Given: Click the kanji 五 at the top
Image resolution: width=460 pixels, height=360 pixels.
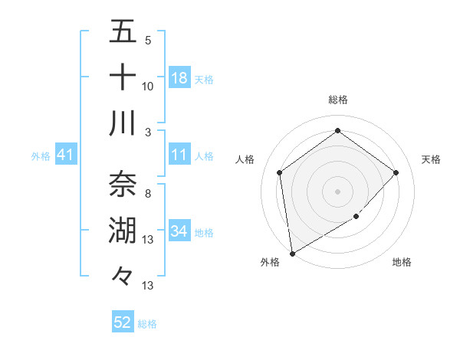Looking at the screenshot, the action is coord(123,32).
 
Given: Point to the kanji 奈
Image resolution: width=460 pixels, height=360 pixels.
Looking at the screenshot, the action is coord(123,184).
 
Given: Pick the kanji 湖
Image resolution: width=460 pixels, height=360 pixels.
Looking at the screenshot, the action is coord(123,231).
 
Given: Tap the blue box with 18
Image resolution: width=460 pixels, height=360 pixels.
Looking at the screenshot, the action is coord(179,78).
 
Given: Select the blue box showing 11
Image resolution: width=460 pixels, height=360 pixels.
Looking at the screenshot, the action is coord(179,155).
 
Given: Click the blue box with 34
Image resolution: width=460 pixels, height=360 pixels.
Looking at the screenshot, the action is coord(179,231).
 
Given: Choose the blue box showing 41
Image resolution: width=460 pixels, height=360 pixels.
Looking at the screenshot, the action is coord(66,155).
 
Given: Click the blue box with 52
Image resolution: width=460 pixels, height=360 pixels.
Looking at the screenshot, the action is coord(123,322).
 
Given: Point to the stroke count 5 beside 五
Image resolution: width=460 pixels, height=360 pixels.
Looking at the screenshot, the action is coord(147,41).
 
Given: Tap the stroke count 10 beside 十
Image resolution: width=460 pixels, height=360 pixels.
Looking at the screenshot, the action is coord(148,87).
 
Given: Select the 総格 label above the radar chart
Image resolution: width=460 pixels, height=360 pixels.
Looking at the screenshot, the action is coord(337,100).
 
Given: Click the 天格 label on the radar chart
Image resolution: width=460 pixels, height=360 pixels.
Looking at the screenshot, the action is coord(432,159).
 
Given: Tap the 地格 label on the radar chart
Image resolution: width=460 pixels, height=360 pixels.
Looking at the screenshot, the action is coord(402,262).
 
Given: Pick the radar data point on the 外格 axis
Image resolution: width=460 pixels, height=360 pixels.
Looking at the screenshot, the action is coord(292,253).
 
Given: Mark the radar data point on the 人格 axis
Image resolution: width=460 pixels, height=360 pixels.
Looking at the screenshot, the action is coord(280,172).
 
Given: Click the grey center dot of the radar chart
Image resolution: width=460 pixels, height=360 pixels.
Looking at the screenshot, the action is coord(337,191).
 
